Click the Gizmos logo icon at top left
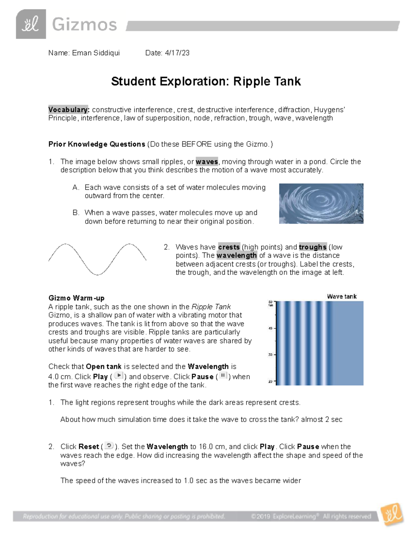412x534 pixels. click(31, 24)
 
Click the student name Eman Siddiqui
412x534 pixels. click(96, 53)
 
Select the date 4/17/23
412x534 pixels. click(177, 53)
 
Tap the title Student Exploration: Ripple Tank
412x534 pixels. click(206, 81)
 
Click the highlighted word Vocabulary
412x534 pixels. click(69, 110)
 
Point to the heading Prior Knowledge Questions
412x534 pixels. click(96, 144)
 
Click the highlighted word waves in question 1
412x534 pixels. click(207, 162)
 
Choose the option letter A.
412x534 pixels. click(76, 187)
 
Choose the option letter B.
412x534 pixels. click(76, 213)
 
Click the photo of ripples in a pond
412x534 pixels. click(321, 204)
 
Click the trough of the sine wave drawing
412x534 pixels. click(98, 274)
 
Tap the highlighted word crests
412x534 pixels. click(229, 247)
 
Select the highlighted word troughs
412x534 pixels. click(312, 247)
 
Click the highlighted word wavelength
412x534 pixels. click(237, 255)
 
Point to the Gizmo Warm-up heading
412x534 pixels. click(76, 298)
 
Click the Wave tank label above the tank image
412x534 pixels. click(342, 296)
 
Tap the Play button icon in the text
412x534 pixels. click(118, 376)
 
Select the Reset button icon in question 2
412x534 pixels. click(109, 446)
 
